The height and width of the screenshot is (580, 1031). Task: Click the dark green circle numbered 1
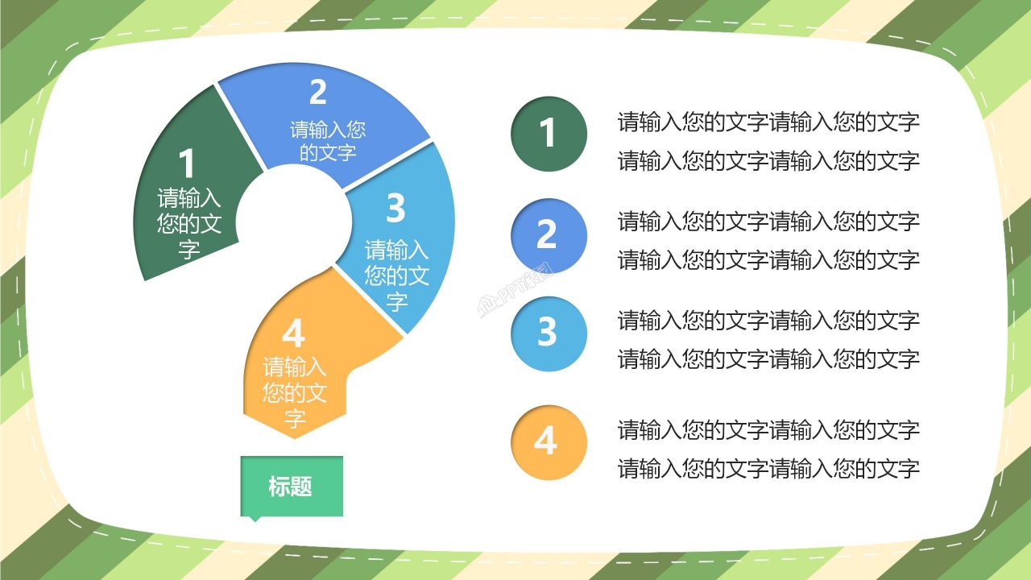[548, 134]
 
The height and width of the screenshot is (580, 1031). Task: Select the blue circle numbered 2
[548, 234]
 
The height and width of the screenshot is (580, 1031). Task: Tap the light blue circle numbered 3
[548, 333]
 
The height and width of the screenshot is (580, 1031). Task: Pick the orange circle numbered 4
[548, 442]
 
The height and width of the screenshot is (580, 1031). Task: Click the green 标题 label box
[292, 487]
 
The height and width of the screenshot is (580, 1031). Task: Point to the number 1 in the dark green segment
[187, 164]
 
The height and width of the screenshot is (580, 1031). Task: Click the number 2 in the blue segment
[318, 93]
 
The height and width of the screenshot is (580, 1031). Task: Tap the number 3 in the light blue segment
[395, 208]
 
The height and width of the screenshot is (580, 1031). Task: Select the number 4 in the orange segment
[294, 334]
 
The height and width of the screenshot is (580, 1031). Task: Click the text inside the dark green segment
[189, 223]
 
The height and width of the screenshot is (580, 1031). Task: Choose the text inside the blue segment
[328, 141]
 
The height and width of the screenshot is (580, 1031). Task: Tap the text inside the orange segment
[295, 393]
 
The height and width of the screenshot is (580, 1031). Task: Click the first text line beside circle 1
[768, 122]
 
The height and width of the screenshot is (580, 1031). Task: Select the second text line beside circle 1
[768, 161]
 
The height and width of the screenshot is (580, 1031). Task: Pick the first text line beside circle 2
[768, 221]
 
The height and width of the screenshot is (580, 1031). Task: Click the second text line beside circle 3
[768, 359]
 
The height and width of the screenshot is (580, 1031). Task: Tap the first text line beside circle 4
[768, 430]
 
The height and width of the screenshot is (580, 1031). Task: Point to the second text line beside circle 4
[768, 469]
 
